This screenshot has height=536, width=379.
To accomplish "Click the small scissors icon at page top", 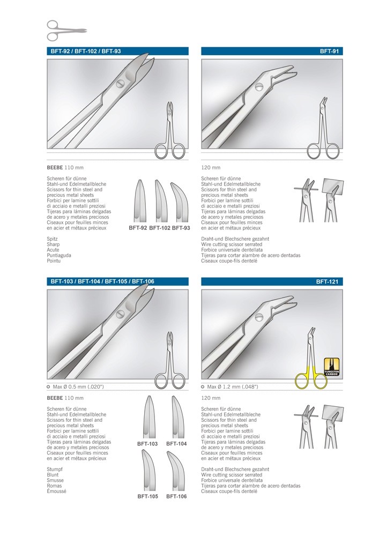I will (x=66, y=30).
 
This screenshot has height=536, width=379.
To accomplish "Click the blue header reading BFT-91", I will (x=331, y=51).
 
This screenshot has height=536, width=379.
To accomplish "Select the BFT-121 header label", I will (x=329, y=281).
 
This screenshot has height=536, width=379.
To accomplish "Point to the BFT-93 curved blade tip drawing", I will (x=181, y=200).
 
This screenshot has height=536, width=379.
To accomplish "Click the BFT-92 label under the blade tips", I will (x=138, y=228).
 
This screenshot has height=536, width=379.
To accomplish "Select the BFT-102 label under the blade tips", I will (x=159, y=228).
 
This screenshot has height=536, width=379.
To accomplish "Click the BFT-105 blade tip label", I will (x=147, y=496).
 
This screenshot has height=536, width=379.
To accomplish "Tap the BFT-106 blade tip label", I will (x=176, y=496).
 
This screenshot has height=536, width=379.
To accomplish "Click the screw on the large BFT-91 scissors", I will (x=260, y=87).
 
